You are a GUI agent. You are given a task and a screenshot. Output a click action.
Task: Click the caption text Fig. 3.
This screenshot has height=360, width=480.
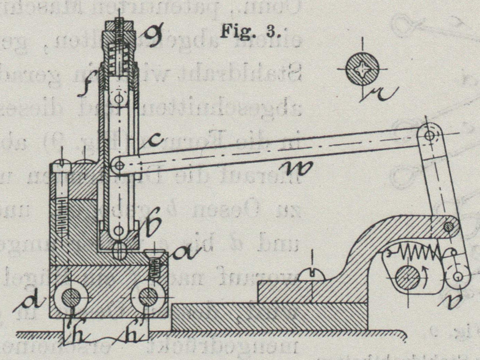point(250,32)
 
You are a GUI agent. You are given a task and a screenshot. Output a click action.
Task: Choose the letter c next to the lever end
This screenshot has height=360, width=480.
point(152,141)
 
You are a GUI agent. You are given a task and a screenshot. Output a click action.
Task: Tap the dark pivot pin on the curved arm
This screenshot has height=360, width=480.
point(448,227)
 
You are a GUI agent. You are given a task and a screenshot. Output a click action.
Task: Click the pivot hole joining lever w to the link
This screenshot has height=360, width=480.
point(429,135)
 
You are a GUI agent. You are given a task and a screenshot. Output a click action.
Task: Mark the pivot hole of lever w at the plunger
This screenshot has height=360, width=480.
point(119,166)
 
